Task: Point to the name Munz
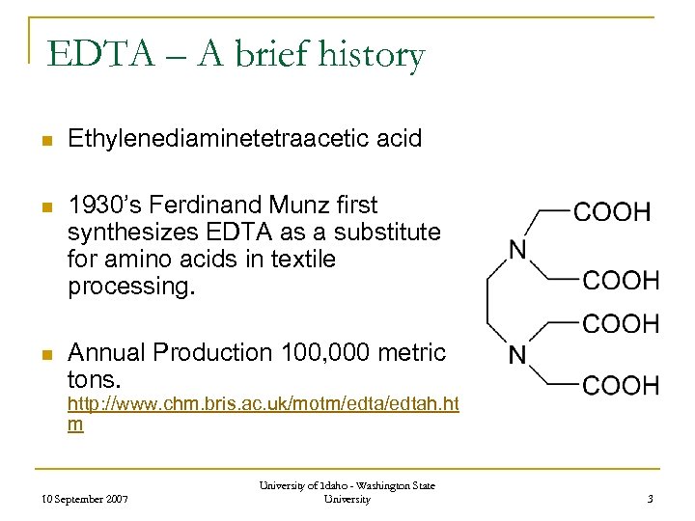point(303,206)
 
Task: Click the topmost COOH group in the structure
point(613,211)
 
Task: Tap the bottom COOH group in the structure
point(622,386)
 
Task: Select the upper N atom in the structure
point(518,251)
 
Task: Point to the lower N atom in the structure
point(518,356)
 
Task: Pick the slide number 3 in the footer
point(651,498)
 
